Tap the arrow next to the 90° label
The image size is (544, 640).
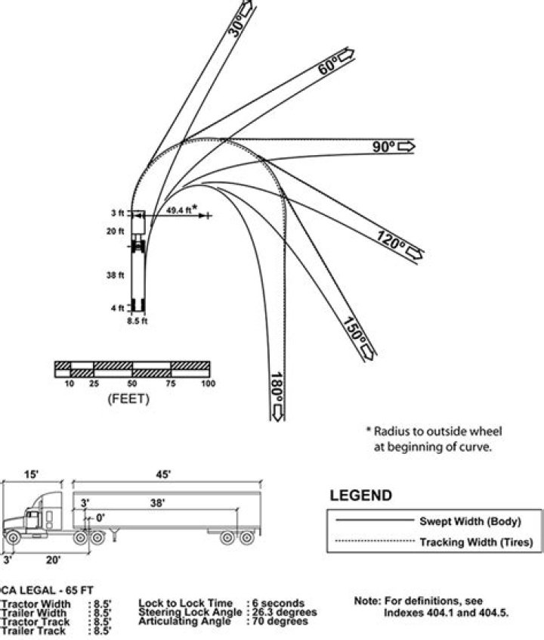[406, 146]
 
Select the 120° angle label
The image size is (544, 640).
[391, 242]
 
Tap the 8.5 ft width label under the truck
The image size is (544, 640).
[137, 320]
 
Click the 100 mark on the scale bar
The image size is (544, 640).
[208, 384]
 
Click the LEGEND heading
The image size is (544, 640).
[361, 496]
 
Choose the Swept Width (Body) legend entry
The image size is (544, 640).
[471, 521]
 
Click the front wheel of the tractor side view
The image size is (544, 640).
[13, 537]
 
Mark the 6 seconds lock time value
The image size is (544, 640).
[278, 603]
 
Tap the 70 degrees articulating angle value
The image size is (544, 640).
[279, 621]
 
